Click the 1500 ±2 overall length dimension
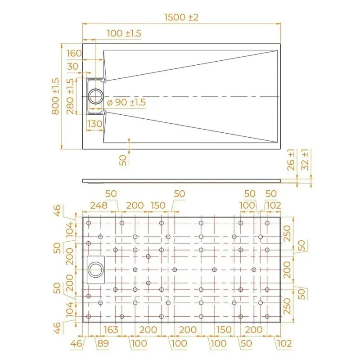point(181,18)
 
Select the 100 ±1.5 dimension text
point(124,33)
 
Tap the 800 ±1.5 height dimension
point(55,96)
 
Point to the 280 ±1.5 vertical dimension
point(70,96)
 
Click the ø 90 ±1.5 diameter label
point(126,103)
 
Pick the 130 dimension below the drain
point(95,124)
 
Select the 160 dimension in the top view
point(74,54)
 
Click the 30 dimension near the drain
point(73,67)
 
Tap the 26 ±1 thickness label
point(291,160)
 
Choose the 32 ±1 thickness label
point(305,160)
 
